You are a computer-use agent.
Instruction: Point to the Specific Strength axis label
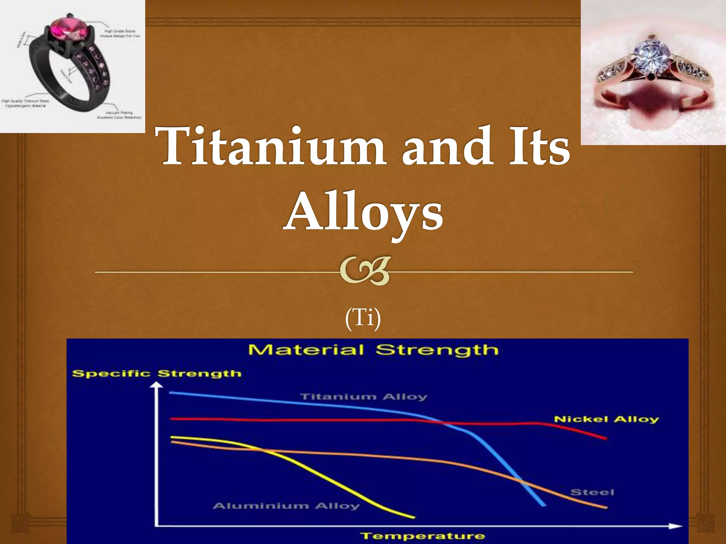(156, 374)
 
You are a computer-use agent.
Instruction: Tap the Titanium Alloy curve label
(364, 397)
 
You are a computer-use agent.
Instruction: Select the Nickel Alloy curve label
(606, 419)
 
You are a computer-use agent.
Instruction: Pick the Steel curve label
(592, 492)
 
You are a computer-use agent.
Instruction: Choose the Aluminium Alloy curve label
(286, 506)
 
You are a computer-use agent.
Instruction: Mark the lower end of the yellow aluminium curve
(413, 517)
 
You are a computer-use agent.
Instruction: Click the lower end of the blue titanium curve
(544, 505)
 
